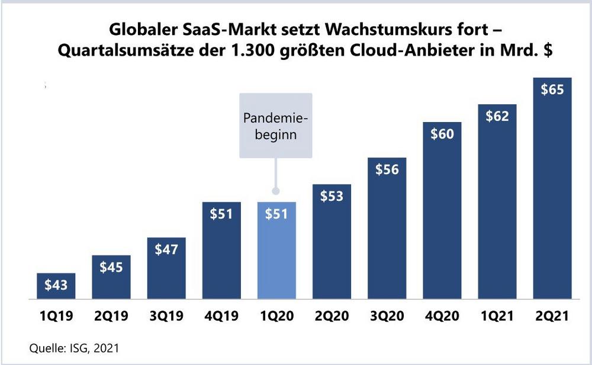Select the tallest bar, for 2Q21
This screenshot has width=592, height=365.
552,196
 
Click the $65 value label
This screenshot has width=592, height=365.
552,90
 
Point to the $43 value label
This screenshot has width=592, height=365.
56,285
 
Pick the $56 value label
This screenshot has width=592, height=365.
387,169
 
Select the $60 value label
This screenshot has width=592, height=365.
442,134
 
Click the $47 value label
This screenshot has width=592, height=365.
166,249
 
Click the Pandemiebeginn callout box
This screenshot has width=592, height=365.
275,126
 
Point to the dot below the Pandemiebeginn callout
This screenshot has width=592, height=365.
275,191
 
